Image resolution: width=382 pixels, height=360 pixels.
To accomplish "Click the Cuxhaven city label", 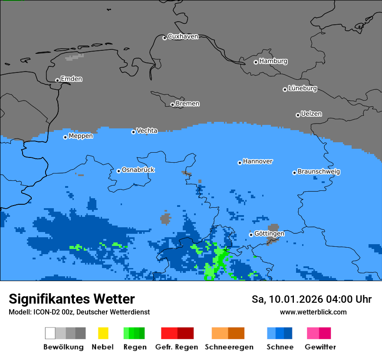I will click(x=183, y=37).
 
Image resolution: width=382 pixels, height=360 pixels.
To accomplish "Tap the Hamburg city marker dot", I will click(x=256, y=62).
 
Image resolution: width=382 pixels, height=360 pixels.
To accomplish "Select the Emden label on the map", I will click(x=71, y=79).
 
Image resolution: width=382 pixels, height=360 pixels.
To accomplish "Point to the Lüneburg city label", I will click(x=302, y=88).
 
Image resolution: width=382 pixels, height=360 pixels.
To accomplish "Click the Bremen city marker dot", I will click(x=172, y=105).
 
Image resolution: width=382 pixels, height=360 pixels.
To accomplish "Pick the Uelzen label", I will click(x=311, y=114).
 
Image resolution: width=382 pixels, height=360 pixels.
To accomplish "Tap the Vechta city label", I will click(x=147, y=131).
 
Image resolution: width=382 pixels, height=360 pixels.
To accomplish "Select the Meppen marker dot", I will click(x=65, y=137).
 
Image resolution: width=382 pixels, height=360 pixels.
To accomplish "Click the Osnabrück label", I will click(x=138, y=170).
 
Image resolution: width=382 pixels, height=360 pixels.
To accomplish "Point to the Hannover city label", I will click(x=257, y=161).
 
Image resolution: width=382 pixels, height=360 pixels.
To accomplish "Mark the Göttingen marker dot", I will click(x=251, y=235).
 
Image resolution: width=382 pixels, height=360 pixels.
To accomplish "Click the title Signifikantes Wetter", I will click(x=72, y=299).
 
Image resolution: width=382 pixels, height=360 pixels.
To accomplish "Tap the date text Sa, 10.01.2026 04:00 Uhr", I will click(x=311, y=299).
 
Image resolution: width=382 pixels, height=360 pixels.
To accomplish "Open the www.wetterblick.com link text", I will click(x=313, y=312).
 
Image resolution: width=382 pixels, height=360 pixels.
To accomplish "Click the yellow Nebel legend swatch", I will click(x=103, y=333).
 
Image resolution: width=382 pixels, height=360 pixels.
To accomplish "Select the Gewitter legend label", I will click(x=320, y=347).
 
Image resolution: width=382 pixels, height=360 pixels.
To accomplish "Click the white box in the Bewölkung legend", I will click(x=50, y=333).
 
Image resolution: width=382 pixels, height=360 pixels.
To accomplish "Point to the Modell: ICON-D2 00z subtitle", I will click(x=79, y=312).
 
